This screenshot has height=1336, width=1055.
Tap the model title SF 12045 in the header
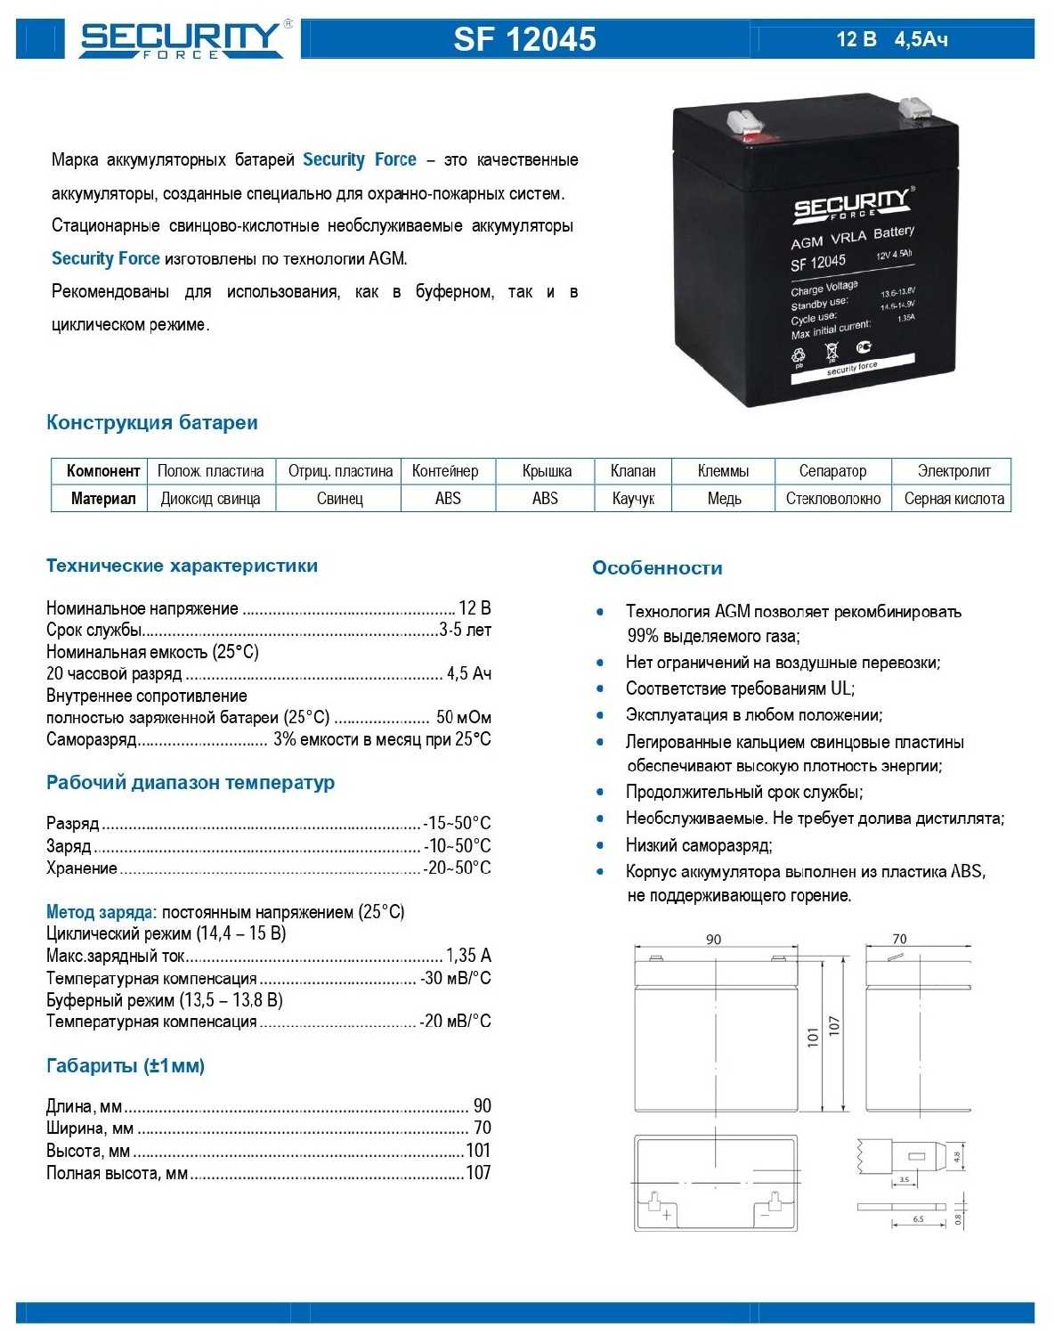tap(524, 39)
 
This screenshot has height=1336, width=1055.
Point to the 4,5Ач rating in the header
tap(921, 39)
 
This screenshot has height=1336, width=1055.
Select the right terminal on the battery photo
tap(914, 107)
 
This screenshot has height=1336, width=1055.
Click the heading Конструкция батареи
tap(152, 423)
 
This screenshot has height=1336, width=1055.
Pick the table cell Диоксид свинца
tap(210, 499)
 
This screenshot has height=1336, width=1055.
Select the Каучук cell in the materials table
tap(633, 499)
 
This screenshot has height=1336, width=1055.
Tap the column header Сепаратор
tap(832, 471)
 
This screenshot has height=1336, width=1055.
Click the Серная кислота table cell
tap(954, 499)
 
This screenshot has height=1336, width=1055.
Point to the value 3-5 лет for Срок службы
tap(465, 631)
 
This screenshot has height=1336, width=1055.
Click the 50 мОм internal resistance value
tap(464, 718)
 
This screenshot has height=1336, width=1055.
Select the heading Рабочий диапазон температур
tap(191, 783)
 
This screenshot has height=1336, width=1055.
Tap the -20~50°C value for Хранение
tap(458, 868)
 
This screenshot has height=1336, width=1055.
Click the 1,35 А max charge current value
tap(468, 956)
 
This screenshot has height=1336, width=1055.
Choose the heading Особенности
tap(657, 568)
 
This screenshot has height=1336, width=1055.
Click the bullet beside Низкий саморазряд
tap(601, 845)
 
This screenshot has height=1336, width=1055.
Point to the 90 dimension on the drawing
tap(713, 940)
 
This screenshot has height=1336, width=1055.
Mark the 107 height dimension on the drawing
tap(834, 1025)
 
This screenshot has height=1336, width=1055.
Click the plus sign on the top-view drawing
tap(666, 1214)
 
